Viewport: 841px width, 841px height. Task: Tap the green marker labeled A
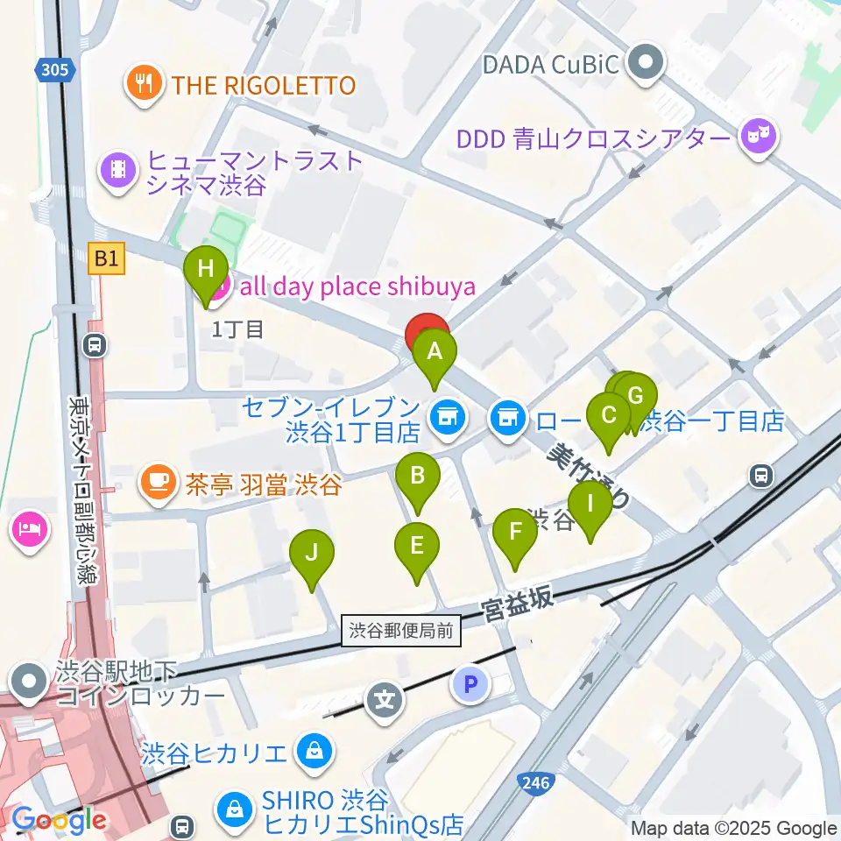[435, 354]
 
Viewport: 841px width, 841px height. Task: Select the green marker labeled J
[312, 554]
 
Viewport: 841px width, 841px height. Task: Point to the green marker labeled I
[590, 505]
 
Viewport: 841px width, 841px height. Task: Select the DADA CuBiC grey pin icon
[648, 63]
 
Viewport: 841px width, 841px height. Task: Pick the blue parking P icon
[470, 683]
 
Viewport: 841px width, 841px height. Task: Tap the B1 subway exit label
[107, 258]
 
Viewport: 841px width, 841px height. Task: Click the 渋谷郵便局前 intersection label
[401, 630]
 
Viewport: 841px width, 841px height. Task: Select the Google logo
[59, 821]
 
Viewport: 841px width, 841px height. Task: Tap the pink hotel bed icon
[29, 530]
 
